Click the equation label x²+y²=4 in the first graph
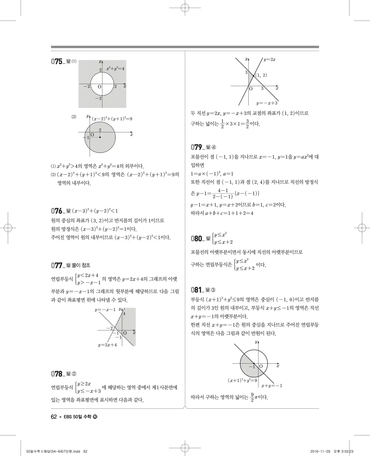(115, 69)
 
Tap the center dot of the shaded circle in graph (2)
(100, 137)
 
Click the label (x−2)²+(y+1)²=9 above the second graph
(112, 119)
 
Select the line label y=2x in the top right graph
(269, 60)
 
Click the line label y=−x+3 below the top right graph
(267, 103)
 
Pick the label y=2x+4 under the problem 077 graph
(107, 345)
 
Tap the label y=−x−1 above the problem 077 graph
(105, 310)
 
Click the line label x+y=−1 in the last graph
(271, 386)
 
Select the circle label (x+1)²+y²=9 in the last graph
(242, 380)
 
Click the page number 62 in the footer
(54, 417)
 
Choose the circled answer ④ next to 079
(214, 147)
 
